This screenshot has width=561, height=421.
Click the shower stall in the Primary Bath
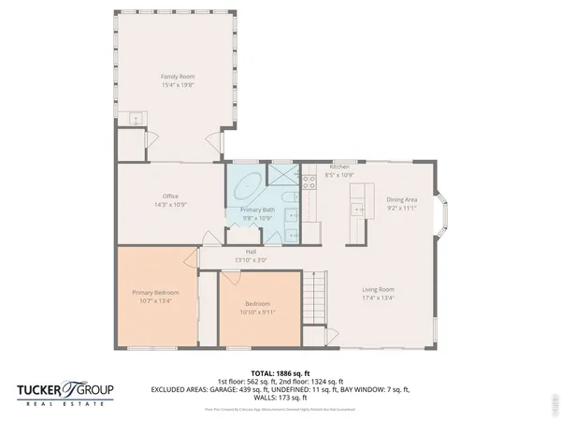click(x=281, y=174)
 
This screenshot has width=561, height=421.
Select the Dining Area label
click(x=402, y=199)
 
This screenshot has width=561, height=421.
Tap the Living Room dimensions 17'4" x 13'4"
click(x=379, y=298)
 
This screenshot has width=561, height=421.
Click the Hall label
click(x=251, y=252)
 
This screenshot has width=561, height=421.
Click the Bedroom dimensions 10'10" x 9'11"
click(x=258, y=312)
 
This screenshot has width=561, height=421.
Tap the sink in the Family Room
click(x=137, y=119)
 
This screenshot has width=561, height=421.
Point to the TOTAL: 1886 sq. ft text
click(x=280, y=372)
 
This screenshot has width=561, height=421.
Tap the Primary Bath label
click(x=257, y=210)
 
